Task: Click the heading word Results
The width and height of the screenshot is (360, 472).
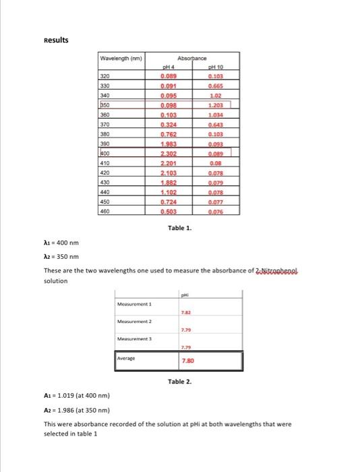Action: tap(56, 40)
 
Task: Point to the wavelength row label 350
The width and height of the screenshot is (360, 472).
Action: tap(104, 106)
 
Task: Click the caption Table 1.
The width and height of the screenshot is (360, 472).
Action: tap(179, 229)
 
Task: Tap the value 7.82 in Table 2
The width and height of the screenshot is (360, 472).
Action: tap(185, 313)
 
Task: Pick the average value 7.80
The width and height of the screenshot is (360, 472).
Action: tap(187, 361)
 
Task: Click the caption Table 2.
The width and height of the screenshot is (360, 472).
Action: tap(179, 382)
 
